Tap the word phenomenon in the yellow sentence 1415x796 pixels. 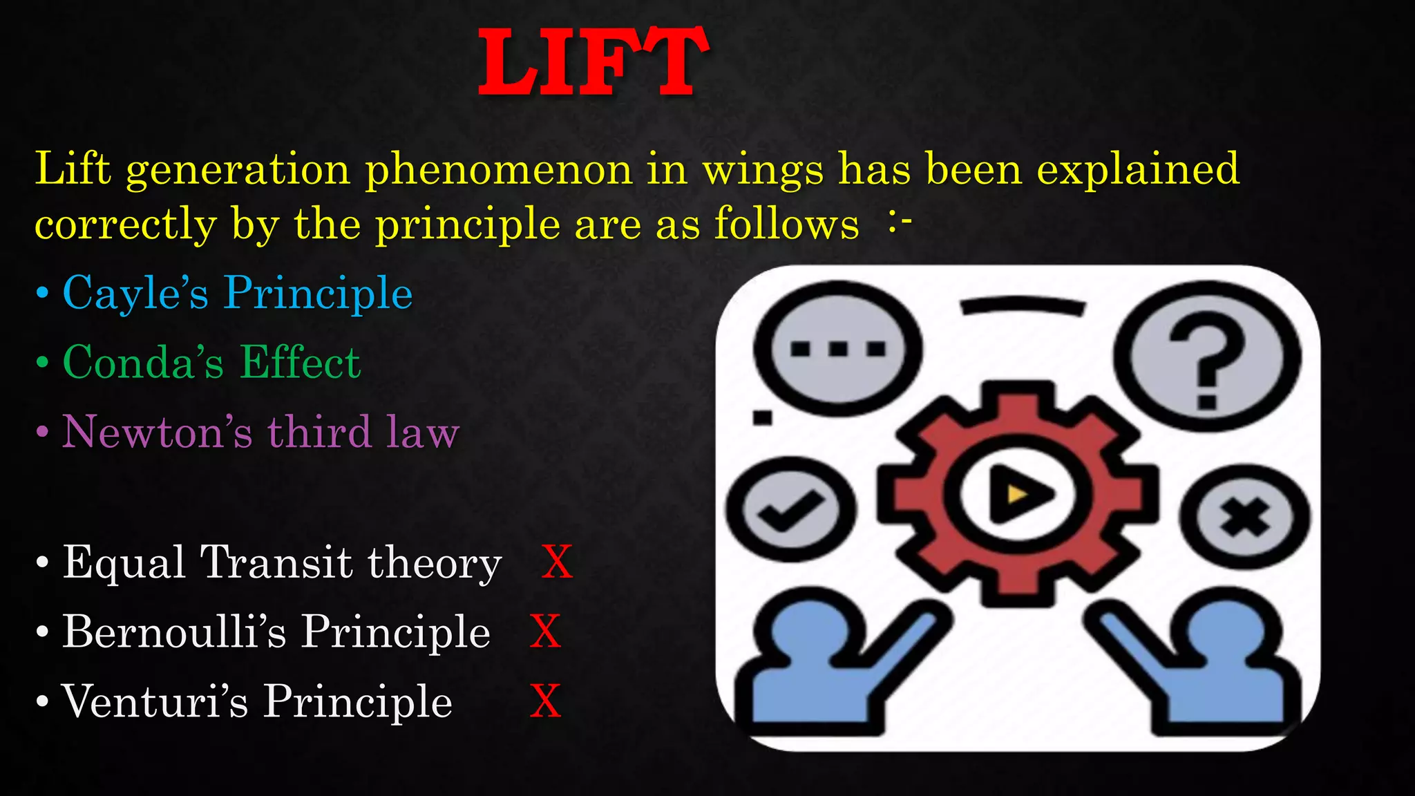point(498,169)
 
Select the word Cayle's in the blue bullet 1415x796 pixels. point(135,293)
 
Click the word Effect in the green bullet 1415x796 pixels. point(300,362)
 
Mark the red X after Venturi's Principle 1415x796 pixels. point(545,701)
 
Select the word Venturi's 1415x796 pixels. point(155,701)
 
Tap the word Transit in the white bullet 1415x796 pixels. point(276,562)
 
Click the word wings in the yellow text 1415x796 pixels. point(763,169)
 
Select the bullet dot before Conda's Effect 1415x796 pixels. point(43,362)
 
